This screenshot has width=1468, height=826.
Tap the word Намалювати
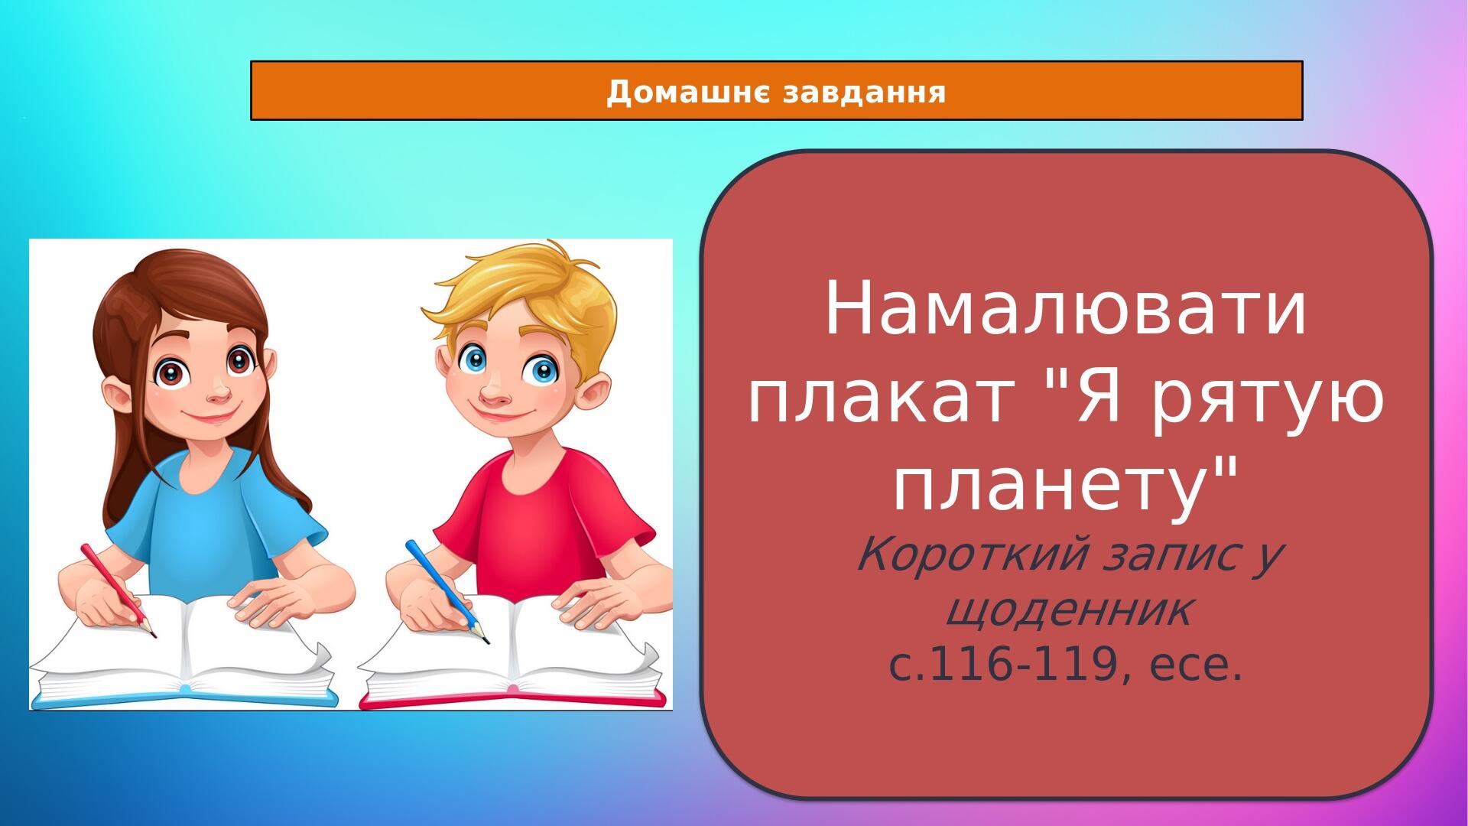[x=1066, y=311]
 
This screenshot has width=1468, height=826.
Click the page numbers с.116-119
[x=1001, y=666]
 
